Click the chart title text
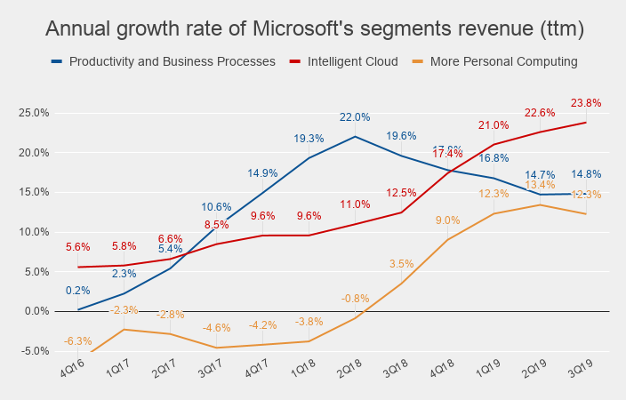pyautogui.click(x=314, y=29)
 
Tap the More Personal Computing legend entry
pyautogui.click(x=503, y=62)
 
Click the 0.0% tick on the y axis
pyautogui.click(x=36, y=311)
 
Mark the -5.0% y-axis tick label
pyautogui.click(x=35, y=351)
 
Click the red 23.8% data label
pyautogui.click(x=587, y=103)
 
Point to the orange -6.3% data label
pyautogui.click(x=78, y=341)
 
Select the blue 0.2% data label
pyautogui.click(x=78, y=290)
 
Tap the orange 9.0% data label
pyautogui.click(x=448, y=220)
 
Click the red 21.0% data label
pyautogui.click(x=494, y=125)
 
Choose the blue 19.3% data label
pyautogui.click(x=309, y=139)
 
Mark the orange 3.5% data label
pyautogui.click(x=402, y=264)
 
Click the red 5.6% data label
pyautogui.click(x=78, y=248)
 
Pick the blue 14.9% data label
pyautogui.click(x=263, y=173)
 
